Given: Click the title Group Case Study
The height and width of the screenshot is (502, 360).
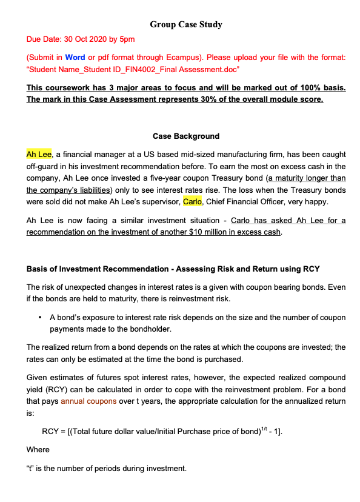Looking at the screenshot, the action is click(x=186, y=25).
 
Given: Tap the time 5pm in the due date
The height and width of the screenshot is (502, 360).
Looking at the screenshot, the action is click(x=127, y=39).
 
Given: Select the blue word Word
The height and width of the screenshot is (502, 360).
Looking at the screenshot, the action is click(x=75, y=58).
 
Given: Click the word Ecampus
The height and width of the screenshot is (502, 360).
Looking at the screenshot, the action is click(x=212, y=58).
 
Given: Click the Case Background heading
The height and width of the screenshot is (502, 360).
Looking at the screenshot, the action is click(x=186, y=136).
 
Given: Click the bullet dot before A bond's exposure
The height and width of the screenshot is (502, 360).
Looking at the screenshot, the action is click(x=39, y=317).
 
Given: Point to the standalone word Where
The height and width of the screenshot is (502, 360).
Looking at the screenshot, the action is click(x=39, y=450).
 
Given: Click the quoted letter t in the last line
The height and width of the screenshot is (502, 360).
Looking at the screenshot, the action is click(x=32, y=469).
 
